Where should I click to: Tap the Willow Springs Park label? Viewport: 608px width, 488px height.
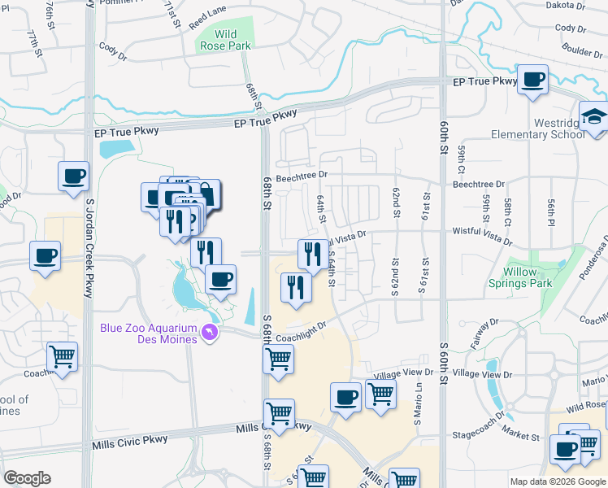[x=520, y=277]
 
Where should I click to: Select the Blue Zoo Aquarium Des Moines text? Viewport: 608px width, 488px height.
[x=149, y=333]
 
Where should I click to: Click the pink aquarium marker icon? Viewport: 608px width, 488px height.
[x=211, y=333]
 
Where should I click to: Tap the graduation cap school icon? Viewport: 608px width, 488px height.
[x=595, y=116]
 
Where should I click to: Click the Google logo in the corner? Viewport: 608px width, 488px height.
[x=26, y=478]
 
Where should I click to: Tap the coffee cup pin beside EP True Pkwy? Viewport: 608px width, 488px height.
[x=532, y=80]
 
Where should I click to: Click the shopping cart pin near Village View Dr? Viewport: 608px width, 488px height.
[x=380, y=394]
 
